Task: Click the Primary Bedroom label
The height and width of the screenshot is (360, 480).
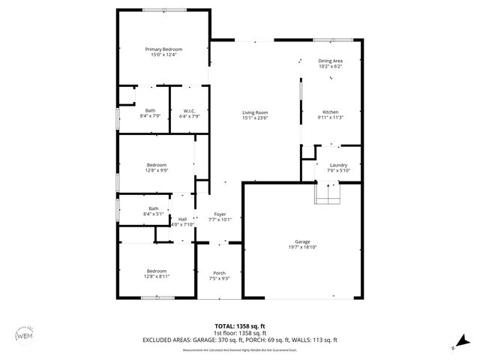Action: pyautogui.click(x=163, y=49)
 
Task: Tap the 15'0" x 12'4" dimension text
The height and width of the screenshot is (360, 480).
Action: pyautogui.click(x=163, y=55)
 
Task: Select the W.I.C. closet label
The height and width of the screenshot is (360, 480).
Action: pyautogui.click(x=190, y=111)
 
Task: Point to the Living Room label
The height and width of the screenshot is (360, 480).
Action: pyautogui.click(x=255, y=112)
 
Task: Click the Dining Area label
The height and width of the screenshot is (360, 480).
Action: pyautogui.click(x=330, y=61)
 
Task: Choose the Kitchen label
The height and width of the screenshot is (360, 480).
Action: pyautogui.click(x=330, y=112)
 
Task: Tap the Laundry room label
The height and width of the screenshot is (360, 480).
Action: pyautogui.click(x=337, y=165)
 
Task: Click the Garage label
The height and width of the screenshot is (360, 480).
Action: pyautogui.click(x=302, y=241)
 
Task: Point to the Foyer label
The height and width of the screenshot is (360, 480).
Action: pyautogui.click(x=220, y=214)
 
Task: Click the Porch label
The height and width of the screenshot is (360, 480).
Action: pyautogui.click(x=219, y=273)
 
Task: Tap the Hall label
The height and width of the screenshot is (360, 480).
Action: pyautogui.click(x=182, y=219)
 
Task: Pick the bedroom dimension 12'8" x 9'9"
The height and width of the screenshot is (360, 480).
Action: pyautogui.click(x=157, y=170)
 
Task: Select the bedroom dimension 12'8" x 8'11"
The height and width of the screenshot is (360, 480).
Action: pyautogui.click(x=157, y=276)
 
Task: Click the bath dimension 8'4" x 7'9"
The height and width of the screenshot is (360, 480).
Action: pyautogui.click(x=151, y=116)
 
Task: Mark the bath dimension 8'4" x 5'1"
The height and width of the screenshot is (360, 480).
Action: pyautogui.click(x=154, y=214)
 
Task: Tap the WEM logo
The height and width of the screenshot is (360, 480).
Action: pyautogui.click(x=25, y=335)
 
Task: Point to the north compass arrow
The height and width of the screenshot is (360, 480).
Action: pyautogui.click(x=455, y=346)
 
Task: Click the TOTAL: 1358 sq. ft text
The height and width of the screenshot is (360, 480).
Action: pyautogui.click(x=240, y=325)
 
